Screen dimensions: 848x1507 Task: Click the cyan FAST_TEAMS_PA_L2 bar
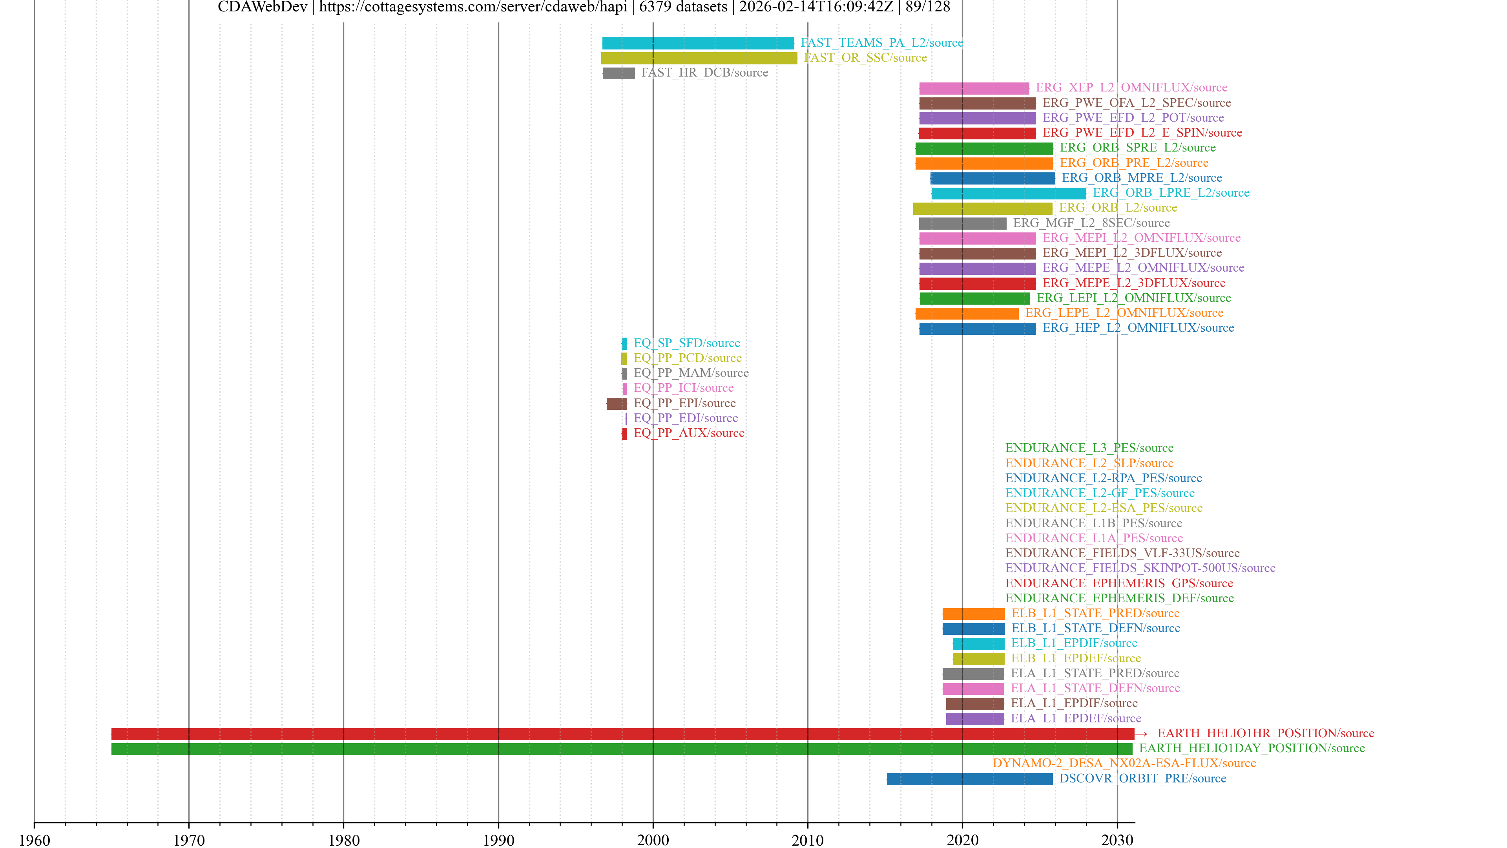(698, 43)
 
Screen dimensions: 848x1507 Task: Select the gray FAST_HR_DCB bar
(618, 73)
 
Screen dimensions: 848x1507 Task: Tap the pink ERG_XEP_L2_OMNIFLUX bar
(974, 88)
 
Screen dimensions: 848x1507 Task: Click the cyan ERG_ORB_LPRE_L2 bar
(1009, 193)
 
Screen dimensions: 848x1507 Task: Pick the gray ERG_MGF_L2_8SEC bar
(962, 223)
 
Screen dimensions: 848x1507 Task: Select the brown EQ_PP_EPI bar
(617, 403)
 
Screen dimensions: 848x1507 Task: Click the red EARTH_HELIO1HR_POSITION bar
(622, 734)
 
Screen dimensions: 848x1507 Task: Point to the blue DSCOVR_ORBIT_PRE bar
(969, 779)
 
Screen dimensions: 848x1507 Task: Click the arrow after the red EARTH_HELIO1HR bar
(1141, 734)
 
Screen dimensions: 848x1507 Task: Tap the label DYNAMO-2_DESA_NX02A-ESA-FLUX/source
(1124, 763)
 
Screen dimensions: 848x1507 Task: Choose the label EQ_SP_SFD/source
(687, 343)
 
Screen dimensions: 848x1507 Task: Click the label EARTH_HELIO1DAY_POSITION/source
(1252, 749)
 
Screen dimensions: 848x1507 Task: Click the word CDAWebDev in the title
(262, 7)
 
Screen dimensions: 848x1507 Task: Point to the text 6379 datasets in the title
(683, 7)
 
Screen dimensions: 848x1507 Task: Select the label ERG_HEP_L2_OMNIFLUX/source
(1138, 328)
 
